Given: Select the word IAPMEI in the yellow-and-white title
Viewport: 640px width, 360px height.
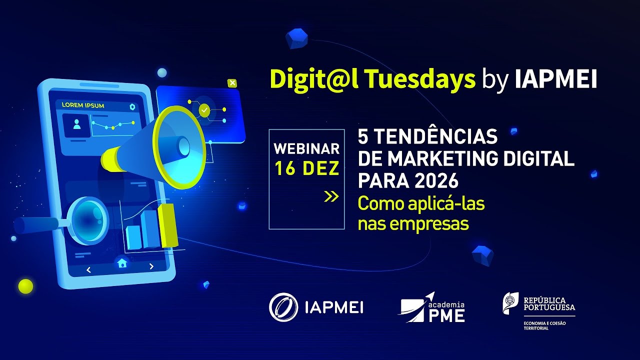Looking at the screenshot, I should (556, 79).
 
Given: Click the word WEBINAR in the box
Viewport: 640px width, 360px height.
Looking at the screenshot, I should (306, 149).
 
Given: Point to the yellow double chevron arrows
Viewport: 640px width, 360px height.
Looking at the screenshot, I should (331, 196).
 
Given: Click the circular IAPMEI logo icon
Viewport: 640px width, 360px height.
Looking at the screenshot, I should (283, 306).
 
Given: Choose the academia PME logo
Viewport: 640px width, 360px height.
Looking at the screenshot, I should (432, 307).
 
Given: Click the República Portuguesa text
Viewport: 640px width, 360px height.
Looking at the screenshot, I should (548, 303).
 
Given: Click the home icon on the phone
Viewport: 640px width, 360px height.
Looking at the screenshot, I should (122, 263).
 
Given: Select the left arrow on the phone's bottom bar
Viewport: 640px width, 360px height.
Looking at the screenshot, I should (88, 270).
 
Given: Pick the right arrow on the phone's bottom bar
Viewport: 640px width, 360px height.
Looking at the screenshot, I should (151, 266).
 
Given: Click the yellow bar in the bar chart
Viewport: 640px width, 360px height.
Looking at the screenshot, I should (168, 225).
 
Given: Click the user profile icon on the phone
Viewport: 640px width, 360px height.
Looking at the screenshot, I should (76, 124).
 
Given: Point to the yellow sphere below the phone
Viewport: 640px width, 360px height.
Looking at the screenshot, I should (25, 286).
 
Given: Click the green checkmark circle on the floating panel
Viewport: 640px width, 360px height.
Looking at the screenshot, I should (204, 110).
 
